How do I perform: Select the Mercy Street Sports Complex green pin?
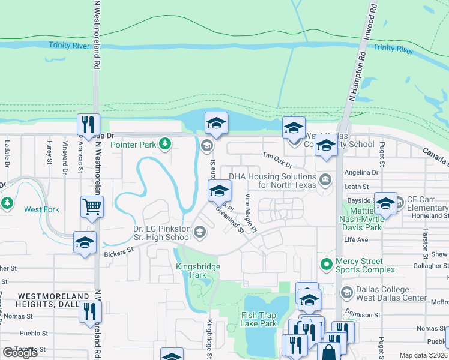point(327,263)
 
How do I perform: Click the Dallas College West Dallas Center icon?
point(346,292)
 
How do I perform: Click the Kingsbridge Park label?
point(198,271)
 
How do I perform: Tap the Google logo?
point(20,353)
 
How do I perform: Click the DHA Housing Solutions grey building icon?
point(325,179)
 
